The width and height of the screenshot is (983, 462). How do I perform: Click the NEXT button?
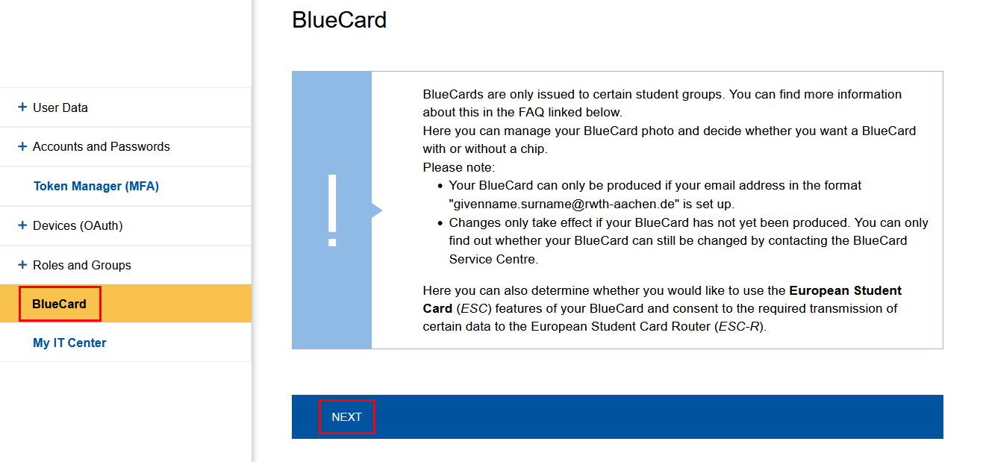click(346, 417)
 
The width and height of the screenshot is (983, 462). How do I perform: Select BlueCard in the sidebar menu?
click(60, 304)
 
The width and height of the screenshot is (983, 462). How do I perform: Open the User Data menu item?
click(60, 107)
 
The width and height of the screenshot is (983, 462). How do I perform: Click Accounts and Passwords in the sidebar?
click(101, 146)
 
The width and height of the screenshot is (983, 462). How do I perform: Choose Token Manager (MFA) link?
click(96, 186)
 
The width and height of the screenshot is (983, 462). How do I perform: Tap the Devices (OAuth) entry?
click(78, 225)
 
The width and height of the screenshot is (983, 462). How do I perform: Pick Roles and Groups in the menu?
click(81, 265)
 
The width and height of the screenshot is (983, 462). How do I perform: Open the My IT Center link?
click(69, 343)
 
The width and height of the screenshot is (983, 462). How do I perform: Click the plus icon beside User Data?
click(22, 107)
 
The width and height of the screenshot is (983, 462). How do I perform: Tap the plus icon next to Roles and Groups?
click(22, 265)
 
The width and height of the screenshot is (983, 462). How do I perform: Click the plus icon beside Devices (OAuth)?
click(22, 225)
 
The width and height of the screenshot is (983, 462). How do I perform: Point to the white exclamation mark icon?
click(332, 210)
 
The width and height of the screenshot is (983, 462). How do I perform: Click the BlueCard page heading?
click(339, 19)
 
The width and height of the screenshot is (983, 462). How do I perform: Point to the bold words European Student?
click(845, 290)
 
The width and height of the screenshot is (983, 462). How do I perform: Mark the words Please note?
click(458, 167)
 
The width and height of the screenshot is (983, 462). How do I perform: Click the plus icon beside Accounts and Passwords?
click(22, 146)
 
